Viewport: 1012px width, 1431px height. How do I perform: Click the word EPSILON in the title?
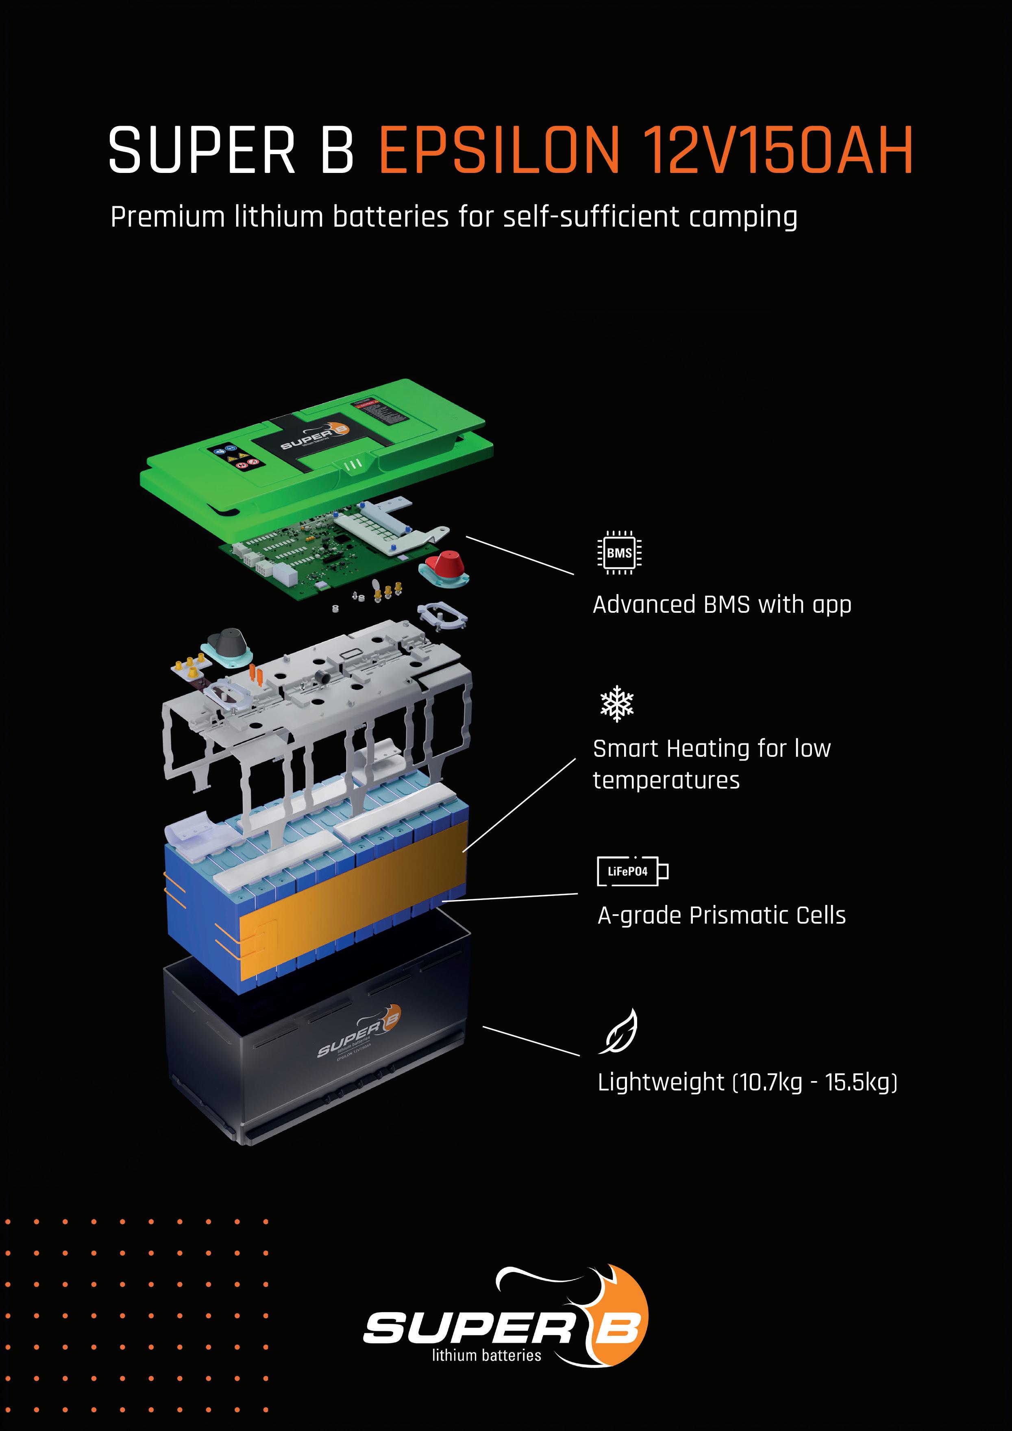(x=498, y=150)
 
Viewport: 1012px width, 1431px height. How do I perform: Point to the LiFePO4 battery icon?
(x=631, y=871)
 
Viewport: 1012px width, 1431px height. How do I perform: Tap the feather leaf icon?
(x=619, y=1032)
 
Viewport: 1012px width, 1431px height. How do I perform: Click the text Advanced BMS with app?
(x=722, y=605)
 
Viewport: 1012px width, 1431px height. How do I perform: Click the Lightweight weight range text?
(x=747, y=1082)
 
